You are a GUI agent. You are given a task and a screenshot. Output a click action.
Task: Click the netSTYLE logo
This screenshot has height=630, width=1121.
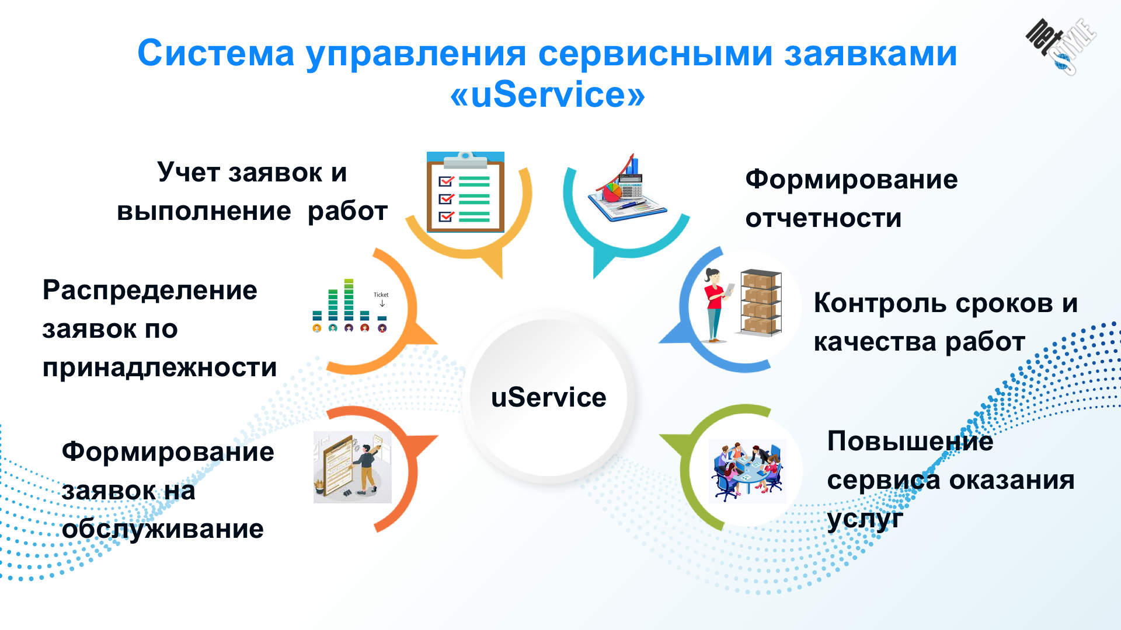pyautogui.click(x=1061, y=46)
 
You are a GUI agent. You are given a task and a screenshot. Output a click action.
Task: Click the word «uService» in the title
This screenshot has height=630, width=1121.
pyautogui.click(x=548, y=95)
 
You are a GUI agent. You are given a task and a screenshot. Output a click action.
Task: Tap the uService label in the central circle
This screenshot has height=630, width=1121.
pyautogui.click(x=549, y=398)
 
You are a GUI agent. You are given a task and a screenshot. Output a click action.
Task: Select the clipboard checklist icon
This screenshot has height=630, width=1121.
pyautogui.click(x=465, y=192)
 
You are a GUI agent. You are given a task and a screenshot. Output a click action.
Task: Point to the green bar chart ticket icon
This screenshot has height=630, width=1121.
pyautogui.click(x=350, y=305)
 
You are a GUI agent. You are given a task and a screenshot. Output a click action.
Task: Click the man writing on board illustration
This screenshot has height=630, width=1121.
pyautogui.click(x=352, y=467)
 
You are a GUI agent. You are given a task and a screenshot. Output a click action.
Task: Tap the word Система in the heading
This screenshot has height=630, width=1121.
pyautogui.click(x=215, y=54)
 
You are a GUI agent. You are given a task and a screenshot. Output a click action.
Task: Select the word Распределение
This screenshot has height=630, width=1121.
pyautogui.click(x=149, y=291)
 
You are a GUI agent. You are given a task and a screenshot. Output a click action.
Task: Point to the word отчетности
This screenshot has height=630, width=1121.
pyautogui.click(x=823, y=219)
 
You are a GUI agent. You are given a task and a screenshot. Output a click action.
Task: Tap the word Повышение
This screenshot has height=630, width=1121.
pyautogui.click(x=910, y=442)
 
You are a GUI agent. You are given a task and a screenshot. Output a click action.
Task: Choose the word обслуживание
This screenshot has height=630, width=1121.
pyautogui.click(x=163, y=530)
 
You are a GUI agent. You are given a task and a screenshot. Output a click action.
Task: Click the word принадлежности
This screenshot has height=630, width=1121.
pyautogui.click(x=159, y=368)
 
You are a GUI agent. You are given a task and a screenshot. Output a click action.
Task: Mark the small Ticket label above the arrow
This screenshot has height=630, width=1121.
pyautogui.click(x=381, y=295)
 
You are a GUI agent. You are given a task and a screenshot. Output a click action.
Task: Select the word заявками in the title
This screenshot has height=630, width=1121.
pyautogui.click(x=870, y=54)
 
